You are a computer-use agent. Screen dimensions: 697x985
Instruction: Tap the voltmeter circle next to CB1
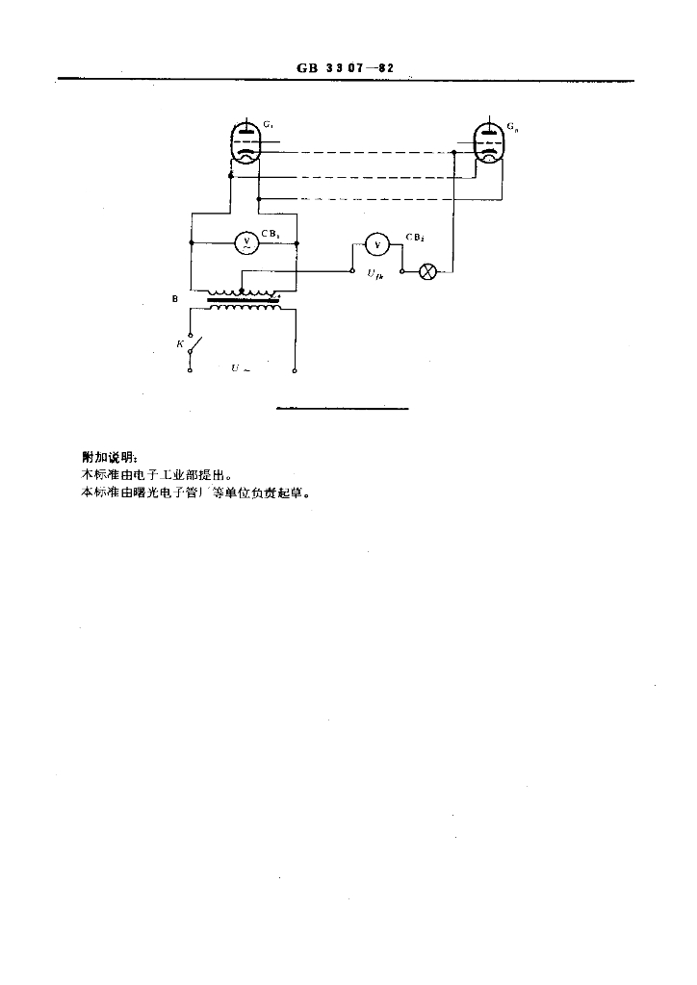[x=245, y=244]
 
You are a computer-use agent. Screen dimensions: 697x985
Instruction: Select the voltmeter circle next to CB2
[x=376, y=246]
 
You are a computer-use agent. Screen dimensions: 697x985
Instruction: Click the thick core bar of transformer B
[x=245, y=301]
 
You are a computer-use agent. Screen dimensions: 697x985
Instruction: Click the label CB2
[x=416, y=236]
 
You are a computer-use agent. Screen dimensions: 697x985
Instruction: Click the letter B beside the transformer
[x=174, y=300]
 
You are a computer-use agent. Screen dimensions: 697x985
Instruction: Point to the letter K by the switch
[x=179, y=342]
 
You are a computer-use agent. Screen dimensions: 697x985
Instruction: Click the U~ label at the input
[x=241, y=368]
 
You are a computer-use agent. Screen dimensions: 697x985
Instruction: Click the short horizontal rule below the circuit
[x=342, y=409]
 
